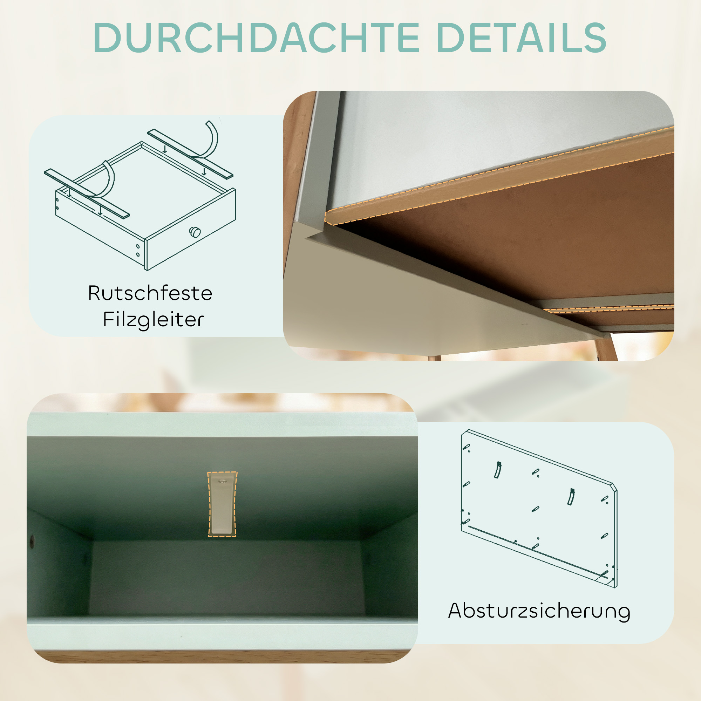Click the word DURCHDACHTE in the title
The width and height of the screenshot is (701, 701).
(256, 38)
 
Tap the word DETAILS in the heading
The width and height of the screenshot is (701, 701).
(522, 38)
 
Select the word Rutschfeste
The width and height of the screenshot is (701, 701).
(150, 293)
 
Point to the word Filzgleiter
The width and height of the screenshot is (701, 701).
(153, 320)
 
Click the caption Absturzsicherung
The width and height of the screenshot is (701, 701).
(539, 611)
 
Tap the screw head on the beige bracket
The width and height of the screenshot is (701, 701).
(222, 482)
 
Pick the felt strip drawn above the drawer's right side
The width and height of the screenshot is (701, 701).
(190, 154)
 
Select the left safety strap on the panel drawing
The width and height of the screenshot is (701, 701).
(498, 470)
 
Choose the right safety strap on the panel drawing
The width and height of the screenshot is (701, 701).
(571, 497)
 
